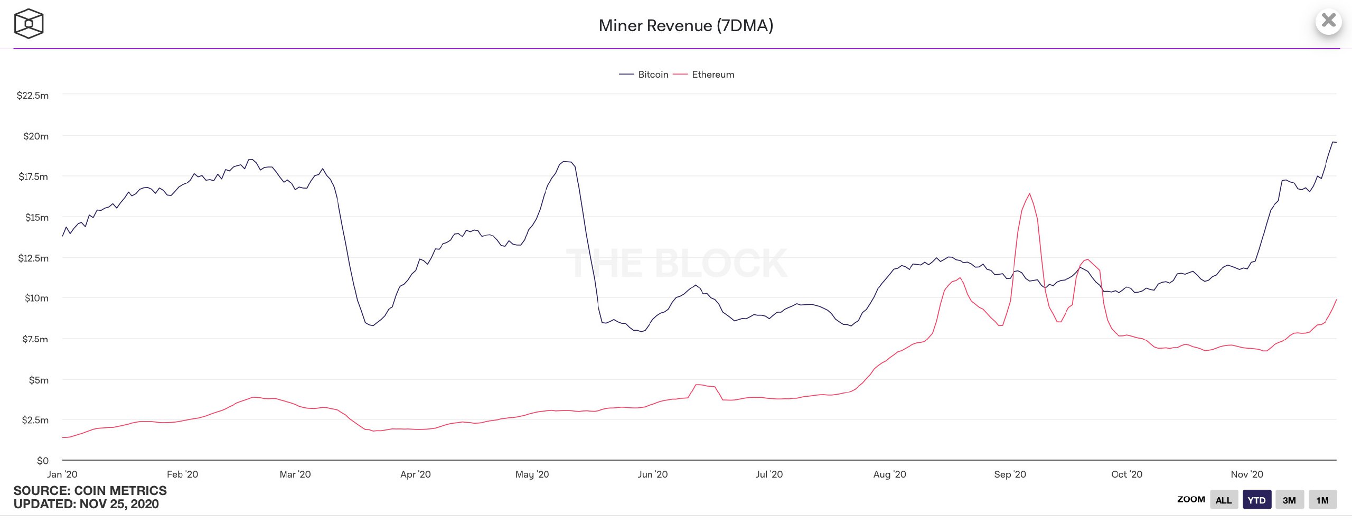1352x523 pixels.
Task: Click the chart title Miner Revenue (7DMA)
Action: pos(686,25)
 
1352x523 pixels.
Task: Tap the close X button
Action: pos(1328,21)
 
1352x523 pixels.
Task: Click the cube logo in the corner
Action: pos(29,24)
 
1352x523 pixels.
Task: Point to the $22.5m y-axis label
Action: pos(33,96)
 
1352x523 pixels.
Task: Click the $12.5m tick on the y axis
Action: pos(33,258)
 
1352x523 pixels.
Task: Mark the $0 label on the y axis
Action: pos(43,461)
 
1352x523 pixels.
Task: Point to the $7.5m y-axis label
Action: pos(35,339)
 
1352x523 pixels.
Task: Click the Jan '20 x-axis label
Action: pos(62,474)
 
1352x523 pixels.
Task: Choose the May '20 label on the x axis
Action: pos(532,474)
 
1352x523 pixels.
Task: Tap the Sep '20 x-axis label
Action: pos(1010,474)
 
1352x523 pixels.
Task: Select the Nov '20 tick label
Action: pos(1247,474)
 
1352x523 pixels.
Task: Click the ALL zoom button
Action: pos(1224,500)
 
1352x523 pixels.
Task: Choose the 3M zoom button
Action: pos(1289,500)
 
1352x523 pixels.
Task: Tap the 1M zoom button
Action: pos(1322,500)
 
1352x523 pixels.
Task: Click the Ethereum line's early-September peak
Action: pos(1029,194)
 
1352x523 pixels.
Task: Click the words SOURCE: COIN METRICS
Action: pos(90,491)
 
